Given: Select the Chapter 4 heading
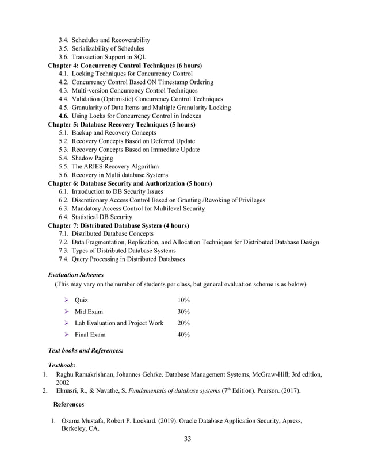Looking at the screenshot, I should click(x=125, y=66).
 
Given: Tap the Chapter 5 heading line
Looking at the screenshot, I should click(x=121, y=124).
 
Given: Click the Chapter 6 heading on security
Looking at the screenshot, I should click(x=130, y=183).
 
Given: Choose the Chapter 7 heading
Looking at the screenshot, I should click(x=118, y=225).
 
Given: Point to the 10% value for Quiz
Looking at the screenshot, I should click(x=184, y=301).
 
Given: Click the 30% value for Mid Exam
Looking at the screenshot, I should click(x=184, y=312).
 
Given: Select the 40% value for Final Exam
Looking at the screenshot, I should click(x=184, y=334).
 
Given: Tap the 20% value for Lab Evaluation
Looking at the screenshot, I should click(x=184, y=323).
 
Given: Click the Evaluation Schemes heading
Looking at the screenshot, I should click(x=76, y=275).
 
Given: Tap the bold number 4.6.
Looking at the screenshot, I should click(x=64, y=116).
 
